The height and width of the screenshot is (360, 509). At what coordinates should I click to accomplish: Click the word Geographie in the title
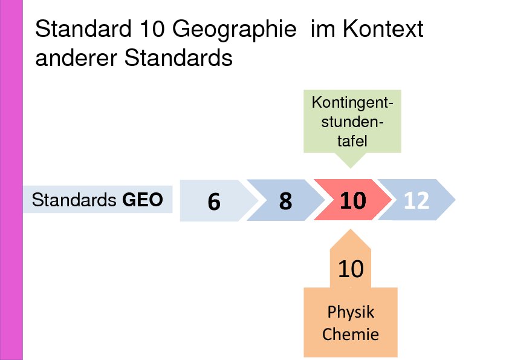234,30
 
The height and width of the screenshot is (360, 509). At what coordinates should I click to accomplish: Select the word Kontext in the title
383,28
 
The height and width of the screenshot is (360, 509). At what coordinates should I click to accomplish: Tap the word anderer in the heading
76,59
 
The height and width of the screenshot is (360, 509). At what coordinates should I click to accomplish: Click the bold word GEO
143,200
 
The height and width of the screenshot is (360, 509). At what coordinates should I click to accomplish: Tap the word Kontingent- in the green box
352,102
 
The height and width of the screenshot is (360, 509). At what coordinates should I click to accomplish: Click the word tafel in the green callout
352,141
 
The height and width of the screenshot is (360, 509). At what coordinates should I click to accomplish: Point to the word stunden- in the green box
352,122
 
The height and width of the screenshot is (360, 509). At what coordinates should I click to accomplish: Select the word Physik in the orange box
351,313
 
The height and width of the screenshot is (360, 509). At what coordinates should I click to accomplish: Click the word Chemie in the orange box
351,334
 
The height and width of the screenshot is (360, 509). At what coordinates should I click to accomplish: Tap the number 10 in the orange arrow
351,269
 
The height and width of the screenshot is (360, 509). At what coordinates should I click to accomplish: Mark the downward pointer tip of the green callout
351,168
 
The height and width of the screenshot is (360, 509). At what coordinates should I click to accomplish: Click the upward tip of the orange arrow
350,229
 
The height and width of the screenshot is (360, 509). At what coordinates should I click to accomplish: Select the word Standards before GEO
74,200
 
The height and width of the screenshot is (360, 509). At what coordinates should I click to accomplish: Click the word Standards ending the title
178,58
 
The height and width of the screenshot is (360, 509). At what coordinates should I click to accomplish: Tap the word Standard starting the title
83,28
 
